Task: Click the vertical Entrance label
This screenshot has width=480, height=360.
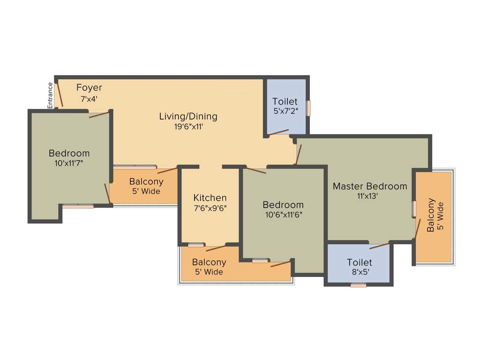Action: click(x=50, y=95)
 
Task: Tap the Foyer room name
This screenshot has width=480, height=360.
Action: click(x=89, y=88)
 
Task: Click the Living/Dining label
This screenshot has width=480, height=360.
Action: click(x=188, y=116)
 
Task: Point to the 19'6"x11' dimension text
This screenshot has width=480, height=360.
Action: click(x=188, y=126)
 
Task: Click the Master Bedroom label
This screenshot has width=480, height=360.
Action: click(x=370, y=186)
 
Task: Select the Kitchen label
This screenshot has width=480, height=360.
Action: click(x=210, y=198)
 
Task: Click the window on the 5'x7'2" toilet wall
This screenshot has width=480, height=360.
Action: click(x=309, y=108)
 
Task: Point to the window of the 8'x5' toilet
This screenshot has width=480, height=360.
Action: click(x=359, y=285)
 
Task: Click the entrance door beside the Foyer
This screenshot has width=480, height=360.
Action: click(x=59, y=95)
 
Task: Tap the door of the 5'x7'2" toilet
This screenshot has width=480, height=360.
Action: click(x=278, y=133)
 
